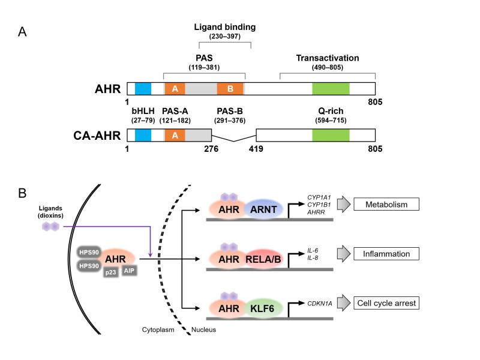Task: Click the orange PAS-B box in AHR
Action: click(x=230, y=89)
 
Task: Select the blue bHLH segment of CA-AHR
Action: click(x=143, y=135)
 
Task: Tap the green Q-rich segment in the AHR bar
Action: click(x=331, y=89)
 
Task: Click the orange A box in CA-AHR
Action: click(x=175, y=135)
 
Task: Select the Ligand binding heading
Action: click(x=224, y=28)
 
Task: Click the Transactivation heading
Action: click(x=327, y=58)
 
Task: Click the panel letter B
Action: click(x=22, y=194)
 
